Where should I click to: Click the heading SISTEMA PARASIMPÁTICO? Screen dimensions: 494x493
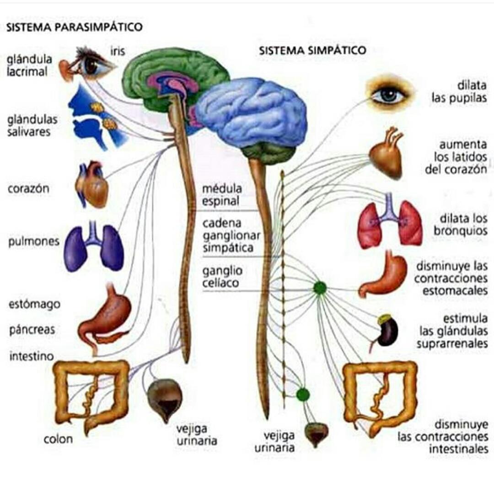pos(74,27)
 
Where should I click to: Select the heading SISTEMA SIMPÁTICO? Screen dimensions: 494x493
pos(313,50)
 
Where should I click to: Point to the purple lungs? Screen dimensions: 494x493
pos(94,246)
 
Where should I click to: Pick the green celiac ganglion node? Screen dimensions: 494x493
pos(320,288)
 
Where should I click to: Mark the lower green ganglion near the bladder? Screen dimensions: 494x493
pos(302,394)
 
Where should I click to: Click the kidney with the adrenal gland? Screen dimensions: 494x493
pos(387,331)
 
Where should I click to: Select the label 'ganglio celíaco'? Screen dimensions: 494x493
pos(221,277)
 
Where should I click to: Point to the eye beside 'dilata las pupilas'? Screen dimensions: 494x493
pos(389,95)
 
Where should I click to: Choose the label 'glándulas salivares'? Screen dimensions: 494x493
pos(32,126)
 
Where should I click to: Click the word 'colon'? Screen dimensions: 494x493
pos(58,439)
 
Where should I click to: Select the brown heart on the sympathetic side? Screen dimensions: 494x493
pos(387,154)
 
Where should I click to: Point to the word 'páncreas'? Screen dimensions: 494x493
pos(32,329)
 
